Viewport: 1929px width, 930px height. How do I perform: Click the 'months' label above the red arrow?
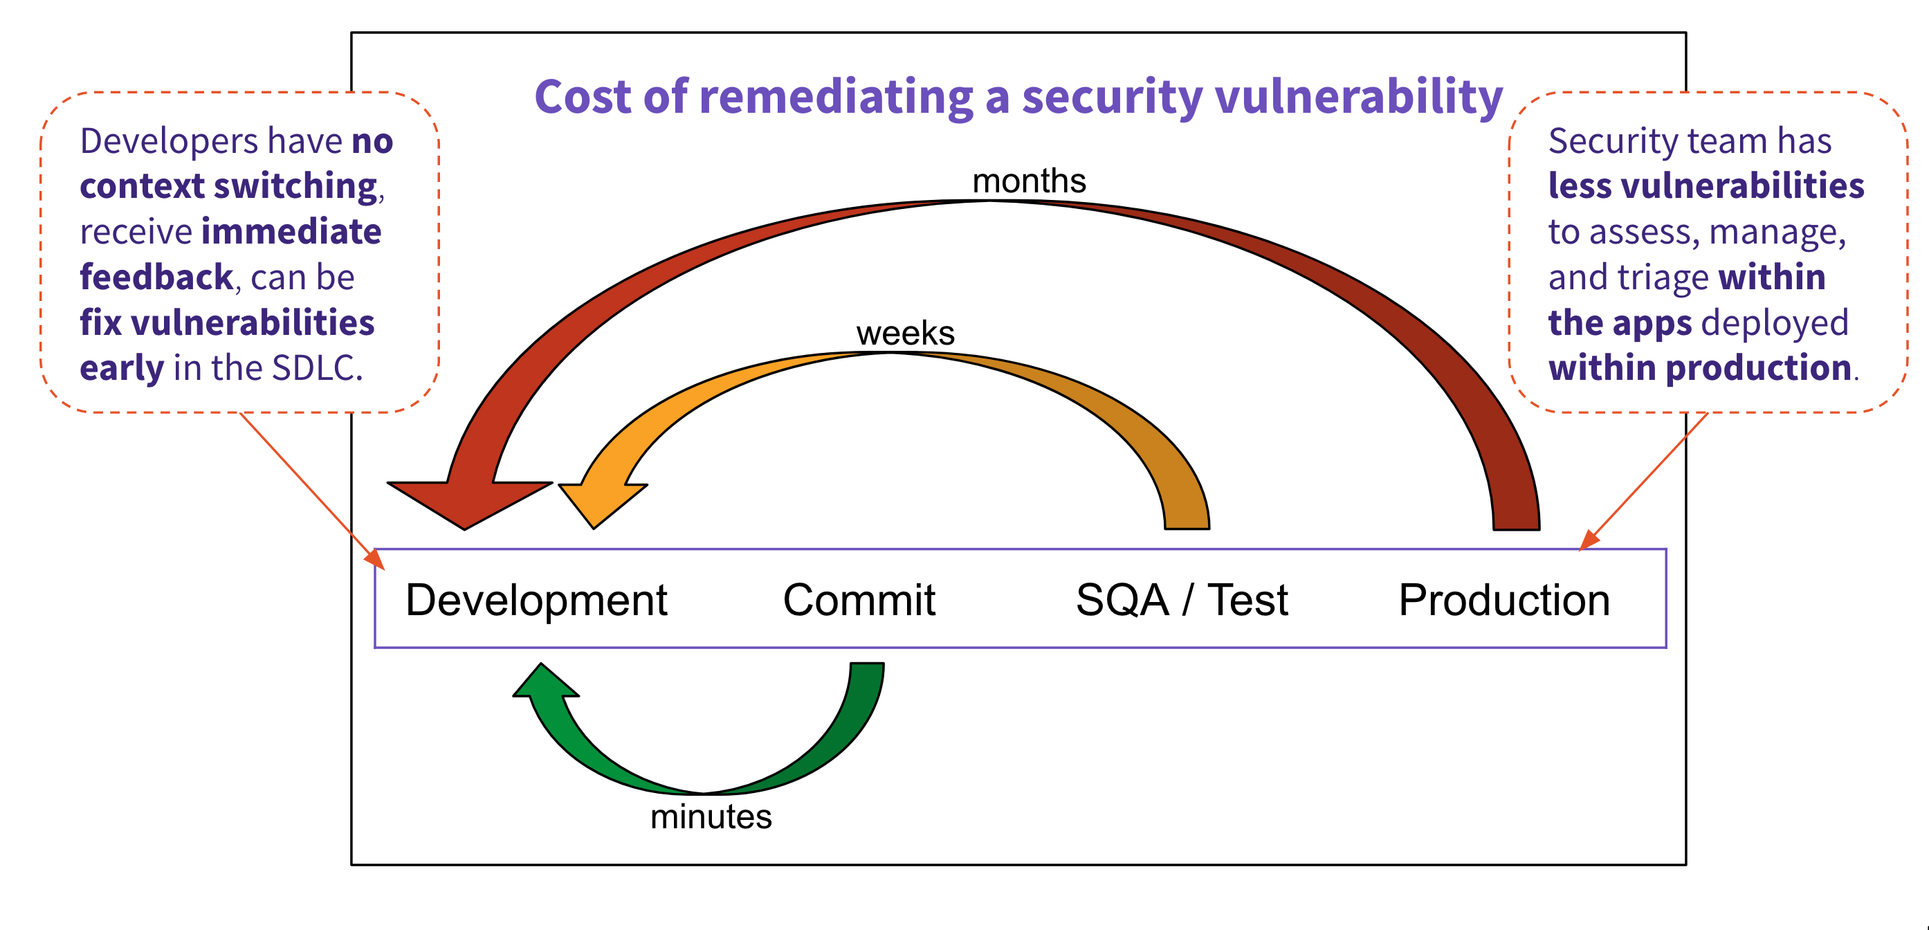coord(1029,181)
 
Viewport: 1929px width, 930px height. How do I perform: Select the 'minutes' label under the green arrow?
coord(711,817)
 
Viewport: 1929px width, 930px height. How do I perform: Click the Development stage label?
coord(536,601)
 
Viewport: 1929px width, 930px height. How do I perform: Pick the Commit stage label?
coord(859,601)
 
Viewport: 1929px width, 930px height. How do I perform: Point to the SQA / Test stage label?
coord(1182,601)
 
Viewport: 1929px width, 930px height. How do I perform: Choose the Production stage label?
coord(1503,601)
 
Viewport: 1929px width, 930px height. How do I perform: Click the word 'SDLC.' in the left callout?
coord(317,368)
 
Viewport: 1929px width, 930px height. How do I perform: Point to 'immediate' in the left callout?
coord(291,231)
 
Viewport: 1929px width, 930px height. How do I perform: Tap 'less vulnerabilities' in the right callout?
coord(1706,185)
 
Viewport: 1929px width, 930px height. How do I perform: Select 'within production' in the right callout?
coord(1700,368)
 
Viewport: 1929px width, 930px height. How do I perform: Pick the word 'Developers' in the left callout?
coord(169,140)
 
